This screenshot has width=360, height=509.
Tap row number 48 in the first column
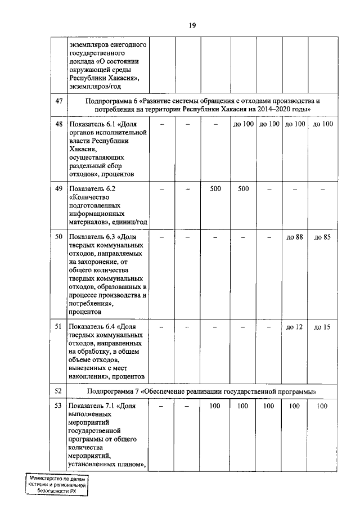[58, 124]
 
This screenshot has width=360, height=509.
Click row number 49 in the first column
[58, 189]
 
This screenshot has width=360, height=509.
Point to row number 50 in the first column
[58, 237]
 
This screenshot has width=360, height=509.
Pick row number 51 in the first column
[58, 326]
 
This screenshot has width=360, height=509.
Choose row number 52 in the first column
[58, 390]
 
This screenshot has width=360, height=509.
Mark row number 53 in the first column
[58, 406]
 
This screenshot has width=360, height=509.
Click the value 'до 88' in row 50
[295, 237]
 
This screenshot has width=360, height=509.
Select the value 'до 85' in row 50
[322, 237]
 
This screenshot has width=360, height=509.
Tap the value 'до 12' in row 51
[295, 326]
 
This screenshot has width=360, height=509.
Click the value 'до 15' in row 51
[322, 326]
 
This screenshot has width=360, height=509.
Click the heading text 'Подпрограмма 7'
[114, 390]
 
